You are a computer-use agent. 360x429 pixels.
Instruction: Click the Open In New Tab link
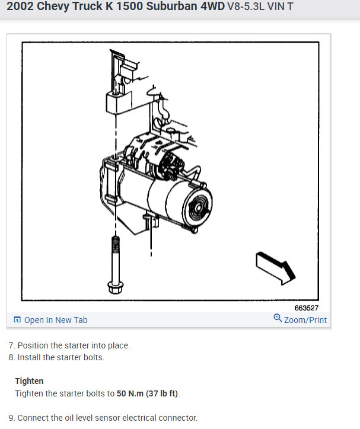click(55, 320)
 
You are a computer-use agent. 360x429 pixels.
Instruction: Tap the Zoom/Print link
click(305, 320)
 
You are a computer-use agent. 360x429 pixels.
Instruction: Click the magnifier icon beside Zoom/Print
click(278, 319)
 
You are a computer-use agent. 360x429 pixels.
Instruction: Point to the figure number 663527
click(306, 308)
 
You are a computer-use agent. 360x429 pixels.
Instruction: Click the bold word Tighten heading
click(29, 381)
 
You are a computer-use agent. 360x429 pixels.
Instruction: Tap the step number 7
click(11, 345)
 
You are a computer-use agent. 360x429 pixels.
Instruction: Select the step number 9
click(11, 418)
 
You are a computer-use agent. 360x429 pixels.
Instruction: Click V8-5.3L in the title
click(248, 8)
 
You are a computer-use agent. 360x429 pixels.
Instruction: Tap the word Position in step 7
click(34, 345)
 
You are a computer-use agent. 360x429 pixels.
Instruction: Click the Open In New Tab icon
click(17, 320)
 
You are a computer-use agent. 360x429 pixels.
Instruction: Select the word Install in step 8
click(30, 357)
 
